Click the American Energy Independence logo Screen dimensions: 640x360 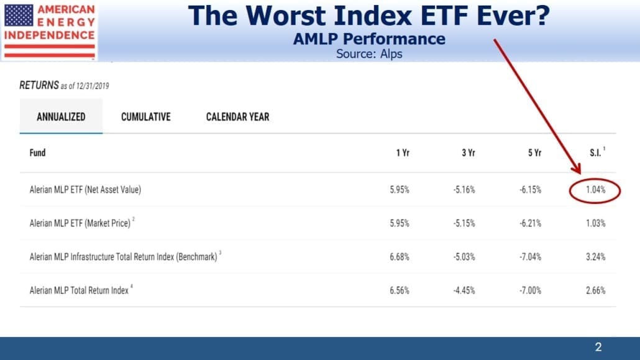[x=49, y=30]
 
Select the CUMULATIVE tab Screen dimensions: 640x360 [x=146, y=117]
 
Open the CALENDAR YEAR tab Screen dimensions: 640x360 [x=237, y=117]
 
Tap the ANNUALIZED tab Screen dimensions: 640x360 [x=62, y=117]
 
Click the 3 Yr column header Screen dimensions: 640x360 [x=468, y=153]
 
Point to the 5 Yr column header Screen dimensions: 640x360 [x=534, y=153]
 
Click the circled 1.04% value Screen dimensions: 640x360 [x=595, y=190]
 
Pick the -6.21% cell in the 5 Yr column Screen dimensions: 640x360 [x=530, y=223]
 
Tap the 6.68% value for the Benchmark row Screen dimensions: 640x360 [x=399, y=257]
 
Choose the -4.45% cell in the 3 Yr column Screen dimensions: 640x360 [x=464, y=290]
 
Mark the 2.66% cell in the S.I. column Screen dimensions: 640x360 [x=595, y=290]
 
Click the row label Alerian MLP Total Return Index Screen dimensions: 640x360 [x=79, y=290]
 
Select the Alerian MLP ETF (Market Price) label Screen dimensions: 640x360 [x=80, y=223]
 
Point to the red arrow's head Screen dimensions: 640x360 [x=577, y=168]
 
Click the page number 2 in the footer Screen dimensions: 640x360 [x=598, y=348]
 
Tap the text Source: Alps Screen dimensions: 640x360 [x=369, y=54]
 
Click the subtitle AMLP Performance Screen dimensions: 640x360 [x=369, y=39]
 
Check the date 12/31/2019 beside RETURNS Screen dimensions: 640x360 [x=93, y=86]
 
